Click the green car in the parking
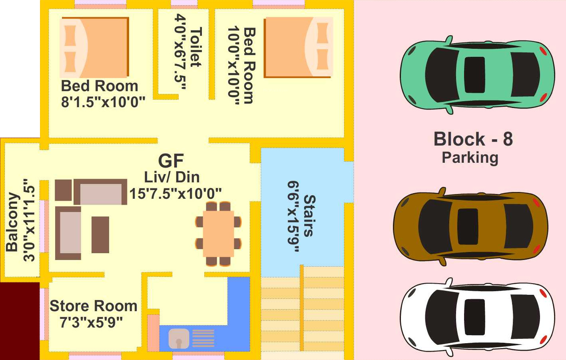click(477, 74)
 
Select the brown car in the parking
click(470, 226)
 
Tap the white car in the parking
click(477, 317)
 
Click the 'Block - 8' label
click(473, 139)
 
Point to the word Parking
click(470, 158)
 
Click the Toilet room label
click(196, 47)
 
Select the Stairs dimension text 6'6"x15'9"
click(293, 216)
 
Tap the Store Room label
click(94, 306)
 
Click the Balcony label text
click(12, 222)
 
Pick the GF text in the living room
click(171, 161)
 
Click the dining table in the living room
click(218, 234)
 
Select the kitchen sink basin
click(178, 338)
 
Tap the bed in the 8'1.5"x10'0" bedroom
click(95, 47)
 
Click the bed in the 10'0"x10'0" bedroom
click(298, 47)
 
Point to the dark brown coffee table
click(100, 234)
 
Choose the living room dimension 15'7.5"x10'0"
click(175, 194)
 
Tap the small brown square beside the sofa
click(63, 190)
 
